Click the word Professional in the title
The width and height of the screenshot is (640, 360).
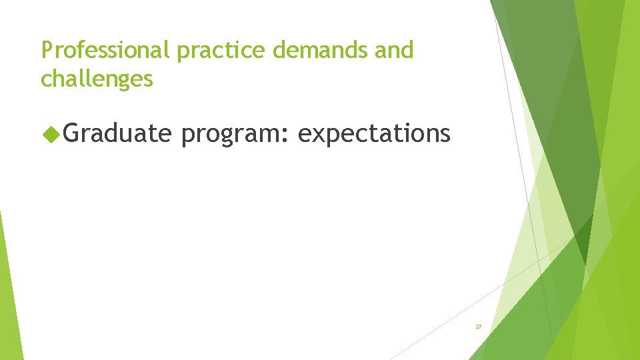pos(106,51)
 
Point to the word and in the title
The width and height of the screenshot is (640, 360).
pos(394,50)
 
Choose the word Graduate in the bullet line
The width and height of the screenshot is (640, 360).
pos(118,134)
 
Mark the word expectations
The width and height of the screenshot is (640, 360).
pos(374,134)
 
